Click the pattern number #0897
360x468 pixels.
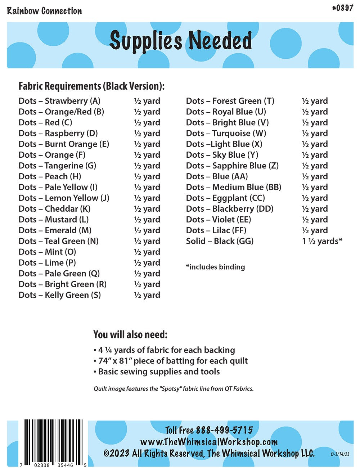point(342,8)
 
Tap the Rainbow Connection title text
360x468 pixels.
point(44,11)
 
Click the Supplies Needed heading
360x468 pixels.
point(180,40)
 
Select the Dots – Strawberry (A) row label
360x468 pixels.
point(59,101)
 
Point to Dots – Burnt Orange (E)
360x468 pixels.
point(64,144)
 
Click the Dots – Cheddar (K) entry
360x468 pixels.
point(54,209)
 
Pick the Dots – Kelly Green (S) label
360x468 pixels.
point(59,295)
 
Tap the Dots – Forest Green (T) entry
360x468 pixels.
point(230,101)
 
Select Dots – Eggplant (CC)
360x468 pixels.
point(225,198)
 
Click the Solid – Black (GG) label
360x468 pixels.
point(220,241)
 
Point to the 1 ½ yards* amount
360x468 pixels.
point(322,241)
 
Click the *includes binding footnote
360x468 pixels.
point(215,267)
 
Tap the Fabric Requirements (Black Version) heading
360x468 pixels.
point(91,86)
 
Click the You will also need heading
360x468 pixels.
point(130,334)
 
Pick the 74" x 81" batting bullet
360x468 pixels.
point(171,361)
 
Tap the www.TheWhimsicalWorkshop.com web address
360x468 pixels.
point(209,442)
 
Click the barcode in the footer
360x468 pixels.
point(53,441)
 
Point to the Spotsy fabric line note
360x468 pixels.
point(174,389)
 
